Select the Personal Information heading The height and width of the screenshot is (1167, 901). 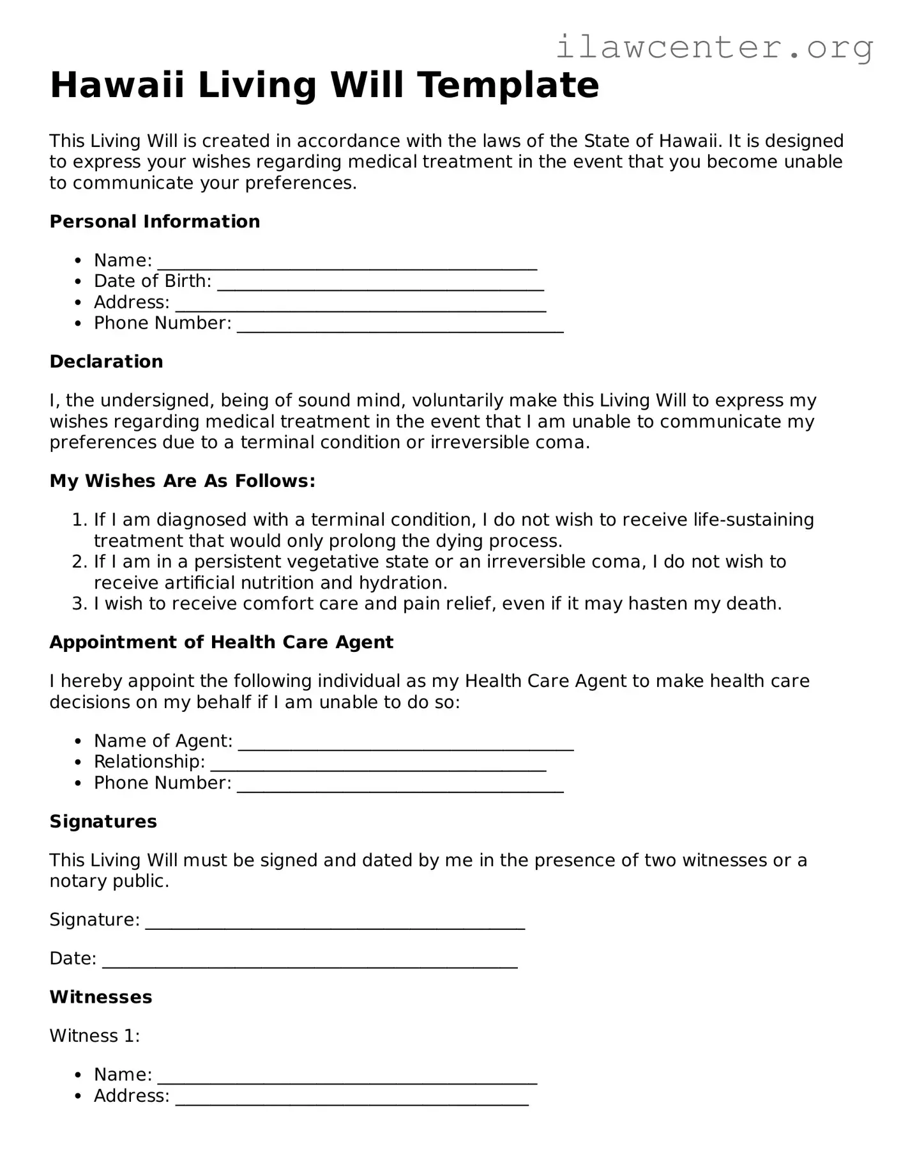(155, 222)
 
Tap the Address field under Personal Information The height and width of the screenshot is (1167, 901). (360, 305)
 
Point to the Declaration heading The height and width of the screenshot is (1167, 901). (106, 362)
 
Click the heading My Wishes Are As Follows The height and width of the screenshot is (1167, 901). (182, 481)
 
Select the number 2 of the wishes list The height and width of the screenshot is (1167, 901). (79, 562)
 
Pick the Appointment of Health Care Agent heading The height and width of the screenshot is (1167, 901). (221, 642)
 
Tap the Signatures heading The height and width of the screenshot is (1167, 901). (103, 821)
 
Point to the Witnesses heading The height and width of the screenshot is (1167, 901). (100, 997)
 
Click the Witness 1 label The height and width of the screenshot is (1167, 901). (95, 1035)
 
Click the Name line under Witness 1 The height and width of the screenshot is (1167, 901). (347, 1078)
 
